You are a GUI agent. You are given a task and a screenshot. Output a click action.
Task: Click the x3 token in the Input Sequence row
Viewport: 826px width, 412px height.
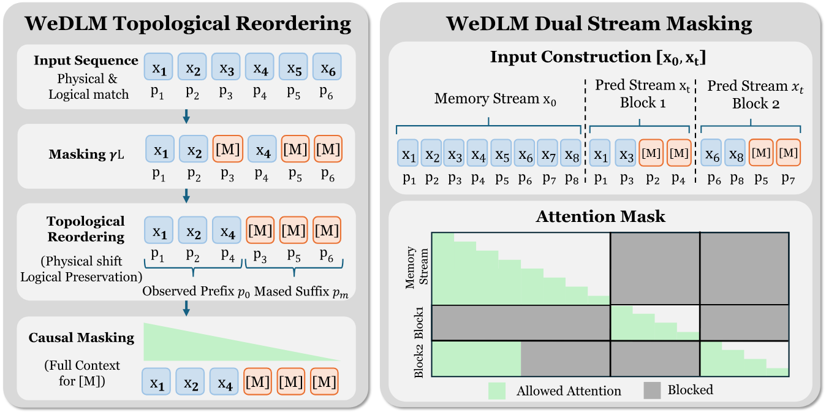click(226, 67)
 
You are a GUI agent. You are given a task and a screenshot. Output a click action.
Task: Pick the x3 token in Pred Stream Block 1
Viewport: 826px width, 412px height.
click(626, 154)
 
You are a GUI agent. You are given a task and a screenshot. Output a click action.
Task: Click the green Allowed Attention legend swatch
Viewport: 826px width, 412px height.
click(497, 391)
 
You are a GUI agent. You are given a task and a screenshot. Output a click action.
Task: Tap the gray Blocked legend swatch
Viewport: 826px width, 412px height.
click(652, 391)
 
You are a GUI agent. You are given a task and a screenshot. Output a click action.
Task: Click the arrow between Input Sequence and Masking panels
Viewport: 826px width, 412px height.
click(186, 115)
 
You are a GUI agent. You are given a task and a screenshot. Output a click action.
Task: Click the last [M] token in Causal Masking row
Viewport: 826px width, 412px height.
click(324, 381)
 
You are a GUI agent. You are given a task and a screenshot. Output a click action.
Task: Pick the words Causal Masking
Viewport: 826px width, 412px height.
click(81, 338)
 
